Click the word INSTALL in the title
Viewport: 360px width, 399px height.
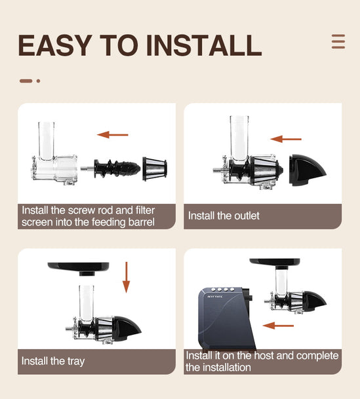click(x=204, y=45)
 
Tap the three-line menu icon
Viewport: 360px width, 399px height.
click(x=338, y=41)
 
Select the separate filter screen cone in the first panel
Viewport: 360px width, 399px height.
click(x=155, y=169)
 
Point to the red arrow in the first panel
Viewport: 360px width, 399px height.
click(x=113, y=134)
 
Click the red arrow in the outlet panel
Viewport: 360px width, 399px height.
click(x=286, y=139)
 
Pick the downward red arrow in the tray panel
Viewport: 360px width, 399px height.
click(x=127, y=277)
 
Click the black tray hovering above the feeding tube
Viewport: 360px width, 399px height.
click(x=79, y=269)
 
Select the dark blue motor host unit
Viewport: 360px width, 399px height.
click(x=226, y=318)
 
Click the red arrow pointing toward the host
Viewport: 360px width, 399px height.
click(x=278, y=326)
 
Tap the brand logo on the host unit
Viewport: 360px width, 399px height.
click(x=215, y=297)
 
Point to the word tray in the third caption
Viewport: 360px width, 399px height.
click(x=76, y=362)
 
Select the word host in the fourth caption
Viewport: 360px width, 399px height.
click(x=264, y=356)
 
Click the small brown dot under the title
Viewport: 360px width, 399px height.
click(x=38, y=81)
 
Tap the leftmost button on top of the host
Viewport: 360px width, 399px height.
click(x=213, y=290)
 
